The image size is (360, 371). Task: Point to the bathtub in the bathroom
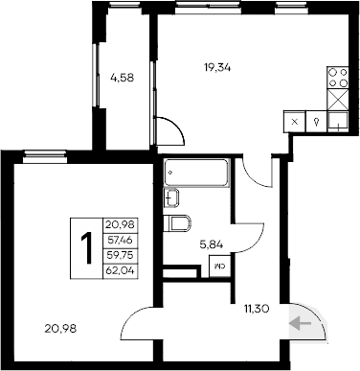[195, 174]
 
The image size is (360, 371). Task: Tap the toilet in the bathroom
[177, 225]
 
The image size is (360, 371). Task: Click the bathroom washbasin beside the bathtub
[171, 198]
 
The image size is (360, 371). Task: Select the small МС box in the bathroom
[220, 267]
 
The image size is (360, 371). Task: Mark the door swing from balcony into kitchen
[164, 133]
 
